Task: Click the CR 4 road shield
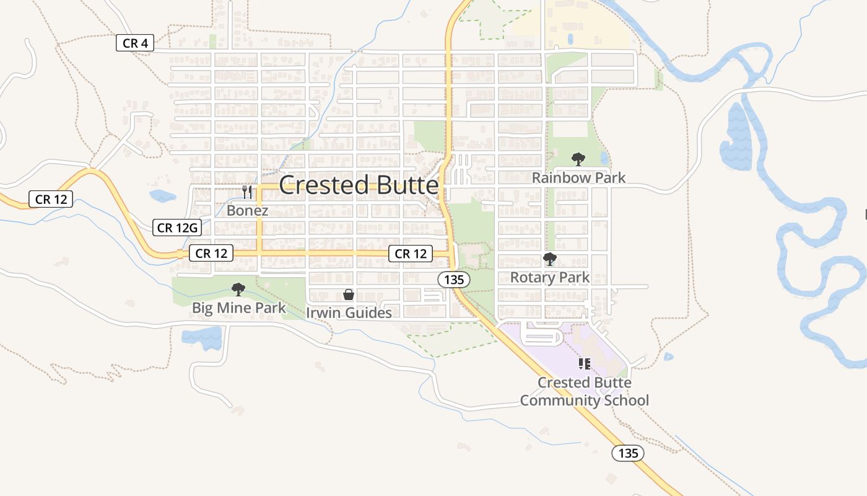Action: (x=134, y=43)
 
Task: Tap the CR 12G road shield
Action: (x=177, y=228)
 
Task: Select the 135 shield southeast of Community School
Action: (x=628, y=453)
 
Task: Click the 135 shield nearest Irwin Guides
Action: (x=454, y=280)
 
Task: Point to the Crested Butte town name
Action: (x=359, y=185)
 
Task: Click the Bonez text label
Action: (x=247, y=210)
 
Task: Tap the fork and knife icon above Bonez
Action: (x=247, y=192)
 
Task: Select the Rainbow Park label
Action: (x=578, y=178)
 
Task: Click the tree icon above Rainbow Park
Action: (x=578, y=159)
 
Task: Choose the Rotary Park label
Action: (x=550, y=277)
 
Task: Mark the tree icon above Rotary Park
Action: (x=550, y=259)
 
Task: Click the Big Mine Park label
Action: (x=238, y=308)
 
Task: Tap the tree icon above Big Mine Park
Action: (x=238, y=289)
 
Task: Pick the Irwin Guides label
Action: (x=349, y=312)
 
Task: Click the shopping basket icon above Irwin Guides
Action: (x=349, y=294)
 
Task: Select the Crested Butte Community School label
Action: (x=584, y=391)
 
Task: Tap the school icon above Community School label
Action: (x=584, y=363)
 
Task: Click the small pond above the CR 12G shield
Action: (x=162, y=197)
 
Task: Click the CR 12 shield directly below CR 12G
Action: (x=211, y=253)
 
